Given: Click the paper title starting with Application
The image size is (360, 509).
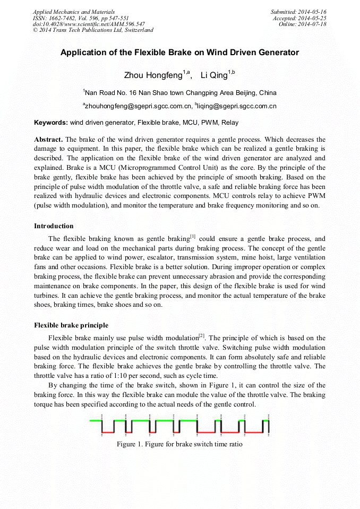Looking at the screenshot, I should pos(179,53).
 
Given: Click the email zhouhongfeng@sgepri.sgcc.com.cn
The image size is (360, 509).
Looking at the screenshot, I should pos(137,106).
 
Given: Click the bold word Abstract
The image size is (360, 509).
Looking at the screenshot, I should pos(48,139).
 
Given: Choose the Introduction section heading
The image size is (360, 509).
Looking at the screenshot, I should pos(54,226).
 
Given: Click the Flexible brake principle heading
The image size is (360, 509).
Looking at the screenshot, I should pos(71,325).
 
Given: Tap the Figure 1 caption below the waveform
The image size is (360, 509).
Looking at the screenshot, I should pos(179,444).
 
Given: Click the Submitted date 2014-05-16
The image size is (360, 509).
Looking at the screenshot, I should pos(298,12).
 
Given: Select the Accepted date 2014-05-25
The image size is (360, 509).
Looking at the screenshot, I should pos(299,18).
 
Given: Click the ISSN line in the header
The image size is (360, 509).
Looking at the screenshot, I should pos(80,18).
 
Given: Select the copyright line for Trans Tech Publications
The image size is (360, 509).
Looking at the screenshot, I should pos(93,30).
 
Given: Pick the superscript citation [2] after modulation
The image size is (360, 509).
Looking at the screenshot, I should pos(202,335).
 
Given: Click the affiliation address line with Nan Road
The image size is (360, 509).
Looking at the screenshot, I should pos(179,92).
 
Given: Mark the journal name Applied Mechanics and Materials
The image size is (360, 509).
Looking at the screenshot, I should pos(73,12).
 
